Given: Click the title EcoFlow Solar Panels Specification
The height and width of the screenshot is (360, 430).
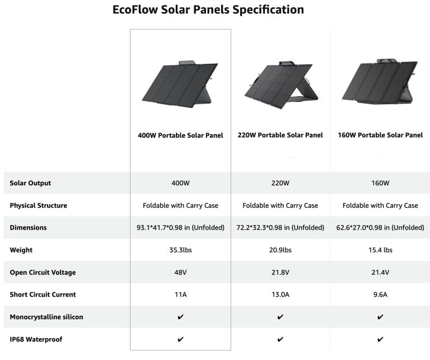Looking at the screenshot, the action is pos(208,10).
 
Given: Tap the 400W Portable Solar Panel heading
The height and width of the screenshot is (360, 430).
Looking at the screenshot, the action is pos(180,135).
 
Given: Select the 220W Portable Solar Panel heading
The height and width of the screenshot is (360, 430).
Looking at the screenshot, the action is pos(281,135).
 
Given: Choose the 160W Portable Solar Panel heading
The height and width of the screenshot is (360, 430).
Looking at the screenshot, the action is pos(380,135).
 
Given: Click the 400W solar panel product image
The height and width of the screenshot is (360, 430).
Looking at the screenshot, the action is pos(180,84).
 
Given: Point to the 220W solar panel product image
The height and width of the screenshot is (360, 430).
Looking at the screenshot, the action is pos(281,85).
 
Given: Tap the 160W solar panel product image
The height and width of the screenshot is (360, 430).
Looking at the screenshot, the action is pos(380,81).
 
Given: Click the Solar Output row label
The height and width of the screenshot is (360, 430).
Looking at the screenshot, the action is pos(30,183).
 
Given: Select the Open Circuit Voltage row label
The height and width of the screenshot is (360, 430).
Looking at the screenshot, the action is pos(43,273).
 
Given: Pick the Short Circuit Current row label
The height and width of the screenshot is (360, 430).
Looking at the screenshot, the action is pos(43,294).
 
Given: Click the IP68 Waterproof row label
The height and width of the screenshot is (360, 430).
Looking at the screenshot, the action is pos(36,339).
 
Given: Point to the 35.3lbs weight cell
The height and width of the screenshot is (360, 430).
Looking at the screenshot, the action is pos(180,250).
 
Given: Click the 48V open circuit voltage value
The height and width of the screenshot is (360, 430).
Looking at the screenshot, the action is pos(180,273).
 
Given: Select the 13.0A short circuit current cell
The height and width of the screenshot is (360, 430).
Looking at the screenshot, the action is pos(281,294).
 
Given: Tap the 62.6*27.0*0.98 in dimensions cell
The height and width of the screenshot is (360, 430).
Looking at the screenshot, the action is pos(380,228).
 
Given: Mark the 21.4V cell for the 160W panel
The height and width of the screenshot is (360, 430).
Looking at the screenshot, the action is pos(380,273).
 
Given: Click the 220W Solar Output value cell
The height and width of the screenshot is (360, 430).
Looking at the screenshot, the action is pos(281,183).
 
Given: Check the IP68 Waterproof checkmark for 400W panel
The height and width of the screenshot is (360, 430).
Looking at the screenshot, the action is pos(180,339).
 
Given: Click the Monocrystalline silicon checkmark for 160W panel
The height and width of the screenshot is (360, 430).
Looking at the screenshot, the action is pos(380,317).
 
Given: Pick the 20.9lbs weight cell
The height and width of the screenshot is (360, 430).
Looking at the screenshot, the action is pos(281,250).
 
